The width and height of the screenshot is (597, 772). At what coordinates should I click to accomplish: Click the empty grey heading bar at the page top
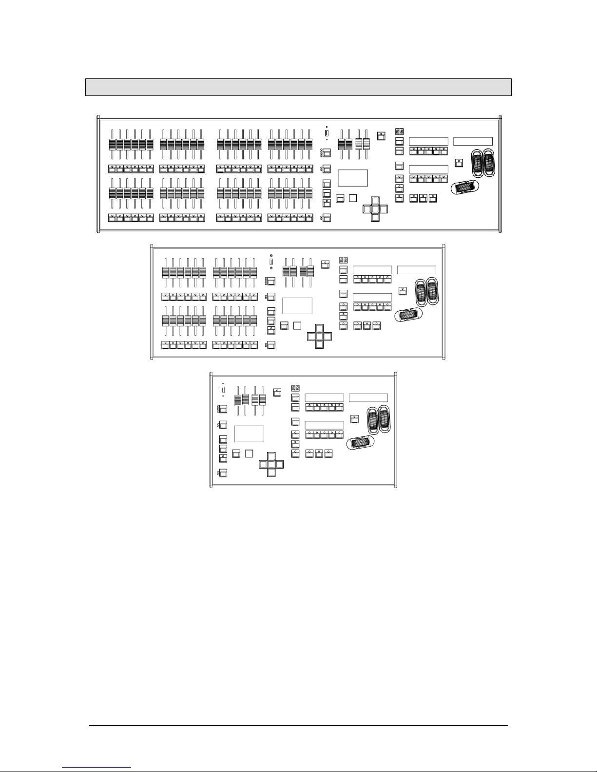point(298,87)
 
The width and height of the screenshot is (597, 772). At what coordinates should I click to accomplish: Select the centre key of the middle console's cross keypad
point(319,336)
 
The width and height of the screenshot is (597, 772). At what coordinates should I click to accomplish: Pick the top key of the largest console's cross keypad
point(375,201)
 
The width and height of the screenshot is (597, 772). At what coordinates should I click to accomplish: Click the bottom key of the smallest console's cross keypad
point(271,473)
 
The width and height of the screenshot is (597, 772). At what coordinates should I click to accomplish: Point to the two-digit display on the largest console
point(399,132)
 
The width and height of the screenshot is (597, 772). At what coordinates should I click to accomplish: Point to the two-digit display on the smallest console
point(295,388)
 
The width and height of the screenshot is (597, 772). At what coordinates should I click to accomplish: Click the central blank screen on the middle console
point(297,305)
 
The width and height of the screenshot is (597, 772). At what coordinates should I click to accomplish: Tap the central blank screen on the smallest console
point(249,433)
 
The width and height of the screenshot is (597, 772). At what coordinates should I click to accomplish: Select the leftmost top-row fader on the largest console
point(112,145)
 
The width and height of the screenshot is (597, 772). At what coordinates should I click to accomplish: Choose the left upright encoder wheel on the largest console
point(477,163)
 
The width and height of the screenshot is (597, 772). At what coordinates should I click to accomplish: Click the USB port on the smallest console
point(223,390)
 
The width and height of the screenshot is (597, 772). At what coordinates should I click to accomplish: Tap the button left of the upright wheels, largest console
point(458,163)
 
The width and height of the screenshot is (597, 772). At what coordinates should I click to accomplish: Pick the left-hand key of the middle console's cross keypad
point(310,336)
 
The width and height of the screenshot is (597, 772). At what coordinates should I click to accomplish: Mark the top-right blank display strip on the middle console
point(417,270)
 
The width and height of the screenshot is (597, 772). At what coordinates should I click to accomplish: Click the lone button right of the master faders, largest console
point(382,136)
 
